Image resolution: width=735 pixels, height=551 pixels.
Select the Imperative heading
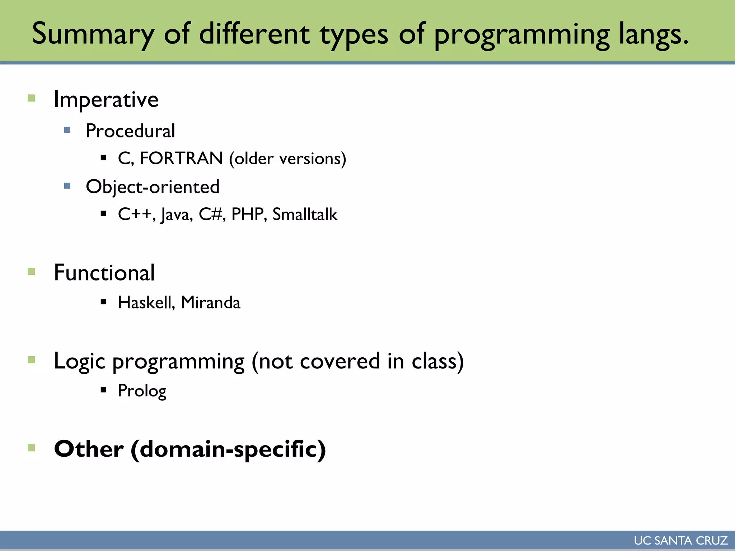coord(106,99)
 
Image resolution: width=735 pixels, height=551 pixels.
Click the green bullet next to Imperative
coord(32,98)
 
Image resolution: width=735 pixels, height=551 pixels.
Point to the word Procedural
coord(130,131)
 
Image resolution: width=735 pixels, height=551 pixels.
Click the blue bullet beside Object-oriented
coord(67,186)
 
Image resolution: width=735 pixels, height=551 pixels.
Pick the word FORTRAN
coord(181,159)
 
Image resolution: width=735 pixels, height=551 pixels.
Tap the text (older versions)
coord(287,159)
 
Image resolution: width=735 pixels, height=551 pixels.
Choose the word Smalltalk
coord(305,215)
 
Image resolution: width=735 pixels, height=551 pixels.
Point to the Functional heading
coord(104,273)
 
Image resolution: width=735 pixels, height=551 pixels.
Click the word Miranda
coord(210,302)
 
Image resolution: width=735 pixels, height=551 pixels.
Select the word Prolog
coord(142,391)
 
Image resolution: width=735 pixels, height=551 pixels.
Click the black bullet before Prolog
coord(104,390)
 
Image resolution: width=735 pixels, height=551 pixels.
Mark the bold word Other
coord(89,449)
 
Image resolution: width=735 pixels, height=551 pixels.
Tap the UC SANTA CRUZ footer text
coord(680,541)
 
